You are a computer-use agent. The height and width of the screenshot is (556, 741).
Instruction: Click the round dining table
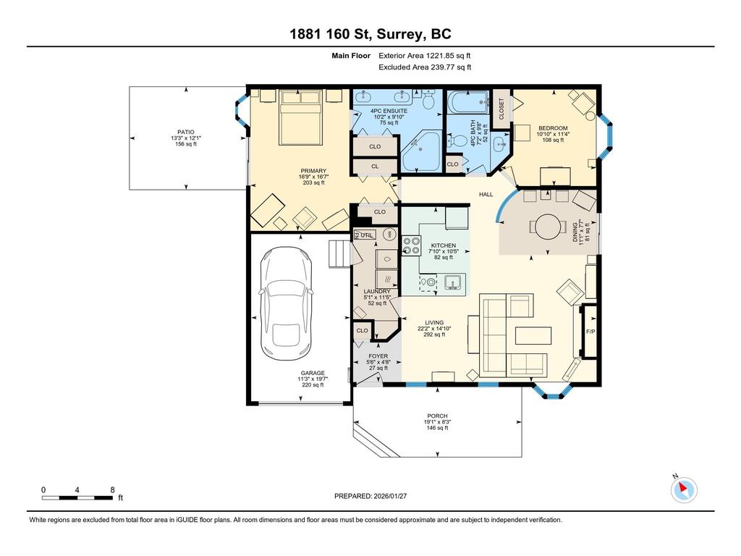548,226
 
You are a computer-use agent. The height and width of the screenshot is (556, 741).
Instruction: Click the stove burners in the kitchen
412,246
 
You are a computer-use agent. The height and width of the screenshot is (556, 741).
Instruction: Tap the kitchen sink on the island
453,282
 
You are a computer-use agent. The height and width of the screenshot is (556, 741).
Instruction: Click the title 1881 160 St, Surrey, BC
370,34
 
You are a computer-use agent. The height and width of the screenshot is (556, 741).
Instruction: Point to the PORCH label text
437,416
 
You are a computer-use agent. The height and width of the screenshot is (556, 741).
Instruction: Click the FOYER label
378,356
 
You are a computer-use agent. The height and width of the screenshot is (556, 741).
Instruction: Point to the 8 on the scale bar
112,489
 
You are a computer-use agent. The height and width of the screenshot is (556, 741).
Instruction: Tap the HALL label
485,194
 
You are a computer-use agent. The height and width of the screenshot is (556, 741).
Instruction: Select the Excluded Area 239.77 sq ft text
425,67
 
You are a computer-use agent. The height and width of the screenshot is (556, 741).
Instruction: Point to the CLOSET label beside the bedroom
501,109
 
